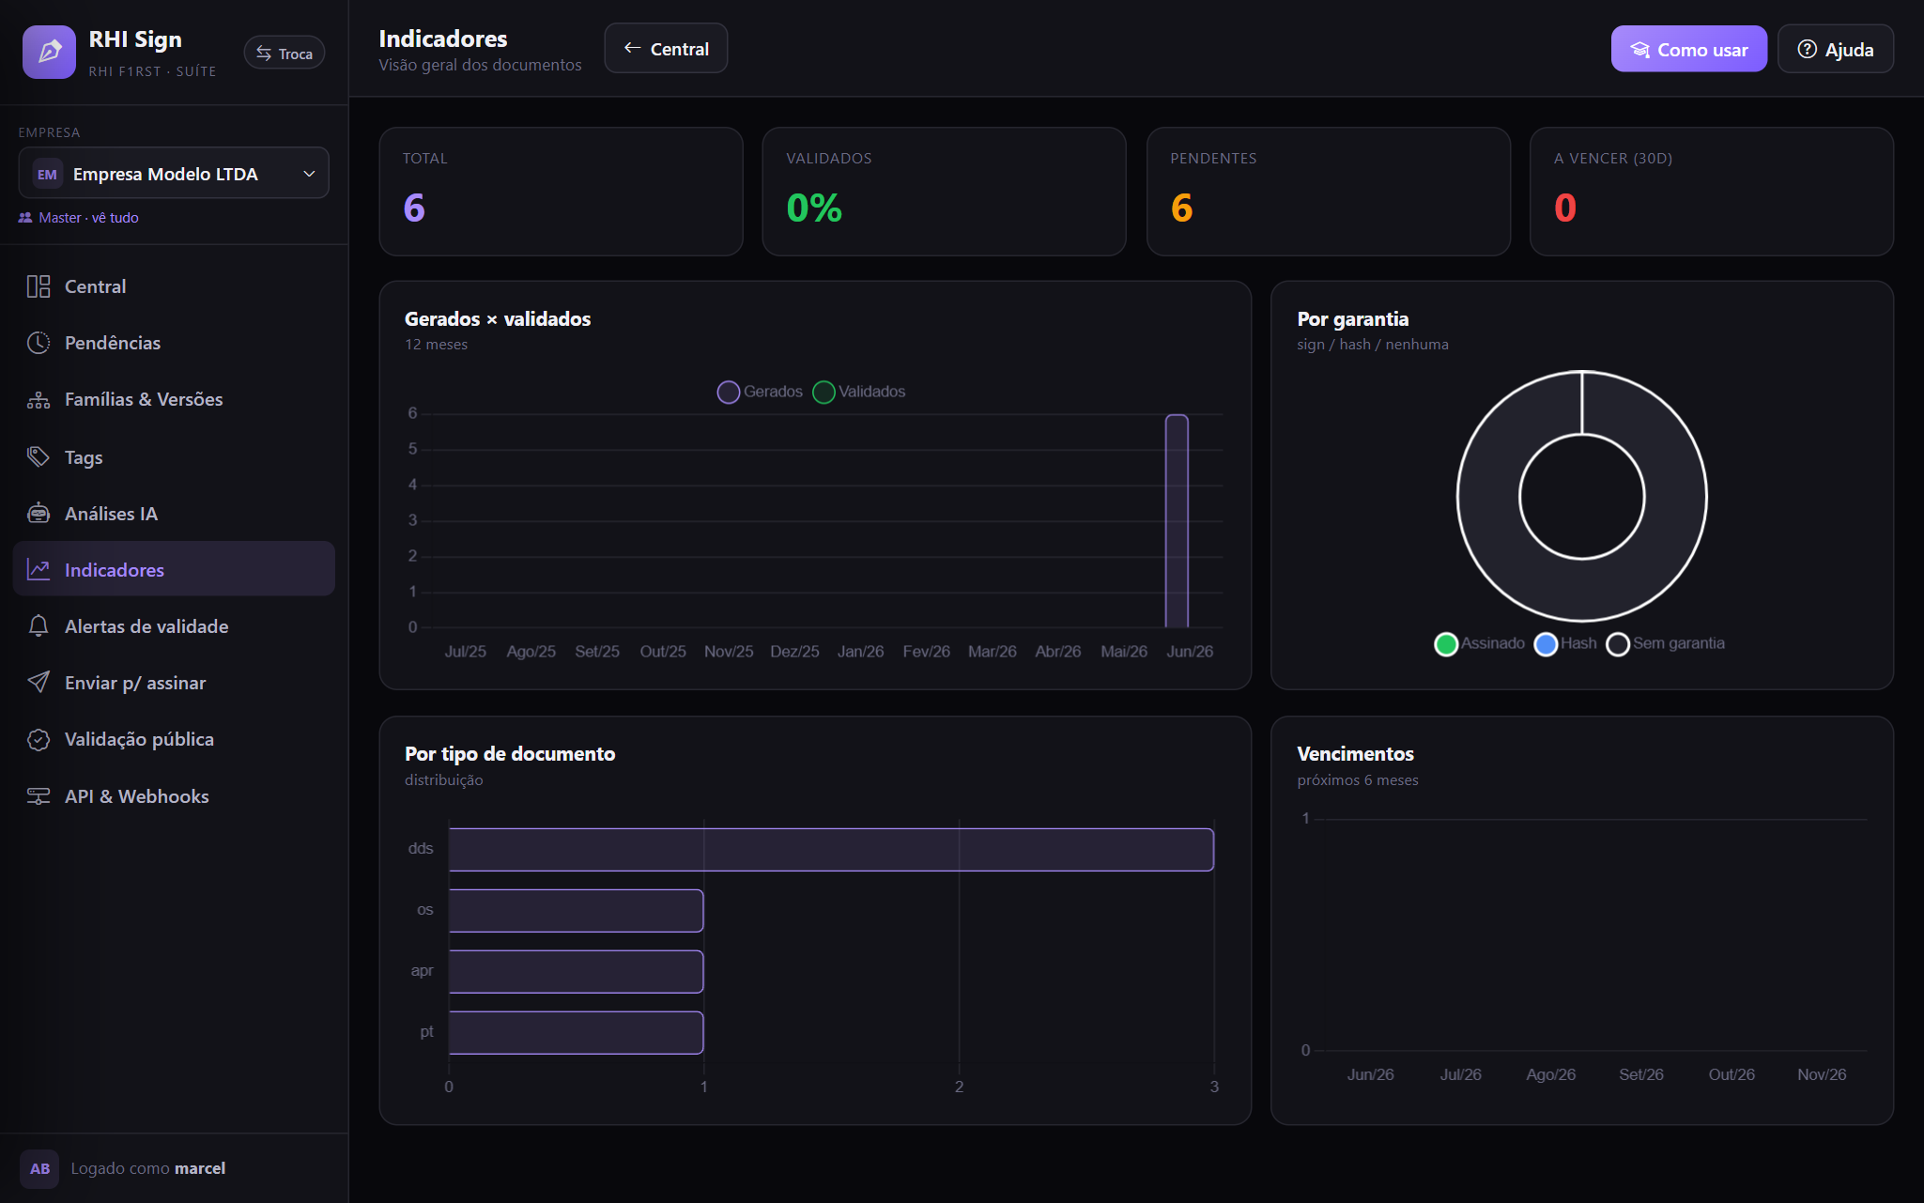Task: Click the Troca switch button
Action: point(285,54)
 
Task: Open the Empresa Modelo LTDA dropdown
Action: point(174,174)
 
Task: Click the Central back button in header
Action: point(666,49)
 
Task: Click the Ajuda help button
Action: point(1835,49)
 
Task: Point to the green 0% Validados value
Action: point(814,208)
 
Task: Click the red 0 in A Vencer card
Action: point(1564,208)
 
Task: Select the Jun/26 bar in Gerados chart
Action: point(1177,521)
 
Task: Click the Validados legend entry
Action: point(859,392)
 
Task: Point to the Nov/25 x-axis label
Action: point(729,652)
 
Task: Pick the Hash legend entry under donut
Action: point(1565,643)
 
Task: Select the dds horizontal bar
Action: point(831,850)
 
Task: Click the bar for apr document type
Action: point(576,972)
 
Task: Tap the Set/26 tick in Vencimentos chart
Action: point(1640,1074)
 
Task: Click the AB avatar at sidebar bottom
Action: point(39,1169)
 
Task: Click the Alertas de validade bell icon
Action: point(38,626)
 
